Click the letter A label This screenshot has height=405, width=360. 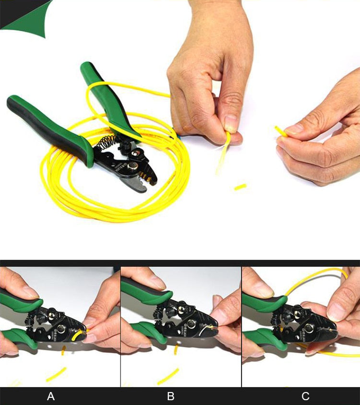click(x=51, y=396)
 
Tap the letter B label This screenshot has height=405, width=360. click(x=170, y=396)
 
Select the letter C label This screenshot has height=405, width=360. click(x=305, y=396)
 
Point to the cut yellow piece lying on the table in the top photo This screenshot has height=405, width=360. click(x=240, y=186)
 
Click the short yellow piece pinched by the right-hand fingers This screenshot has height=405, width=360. click(x=281, y=131)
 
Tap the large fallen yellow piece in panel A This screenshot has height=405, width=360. click(x=56, y=374)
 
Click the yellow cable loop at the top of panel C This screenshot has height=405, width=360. click(x=312, y=276)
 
